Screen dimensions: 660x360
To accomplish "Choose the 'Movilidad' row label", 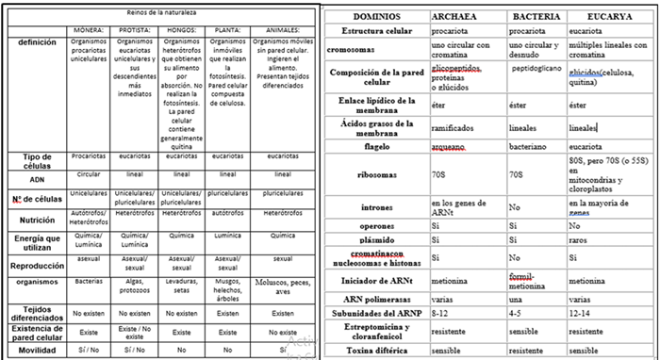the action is [x=33, y=350].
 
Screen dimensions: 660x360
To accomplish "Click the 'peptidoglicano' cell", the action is [x=536, y=70].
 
